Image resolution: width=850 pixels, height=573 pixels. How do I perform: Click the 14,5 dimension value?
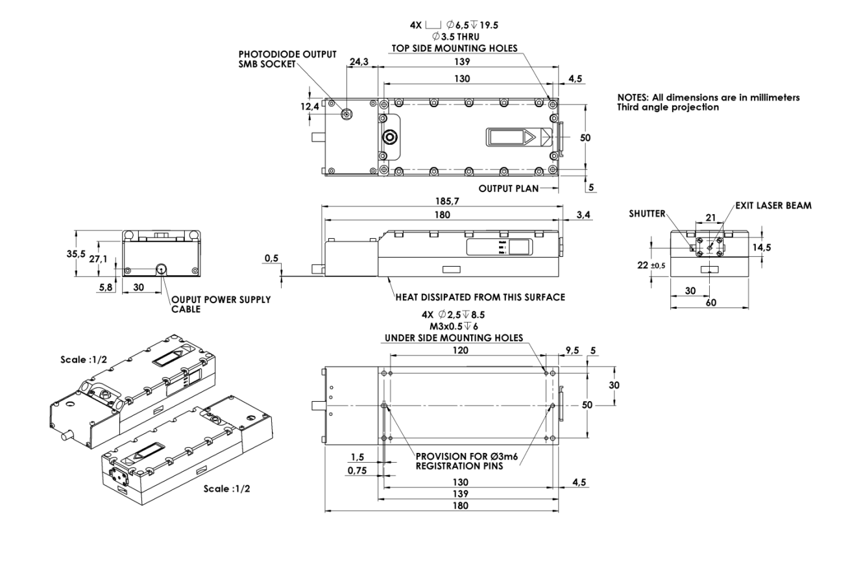click(773, 247)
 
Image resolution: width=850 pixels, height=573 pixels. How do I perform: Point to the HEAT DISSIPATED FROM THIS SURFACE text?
click(480, 298)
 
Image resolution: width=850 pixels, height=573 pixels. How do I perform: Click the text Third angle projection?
click(668, 108)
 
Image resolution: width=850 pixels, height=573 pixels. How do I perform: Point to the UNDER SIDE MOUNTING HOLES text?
click(454, 338)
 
